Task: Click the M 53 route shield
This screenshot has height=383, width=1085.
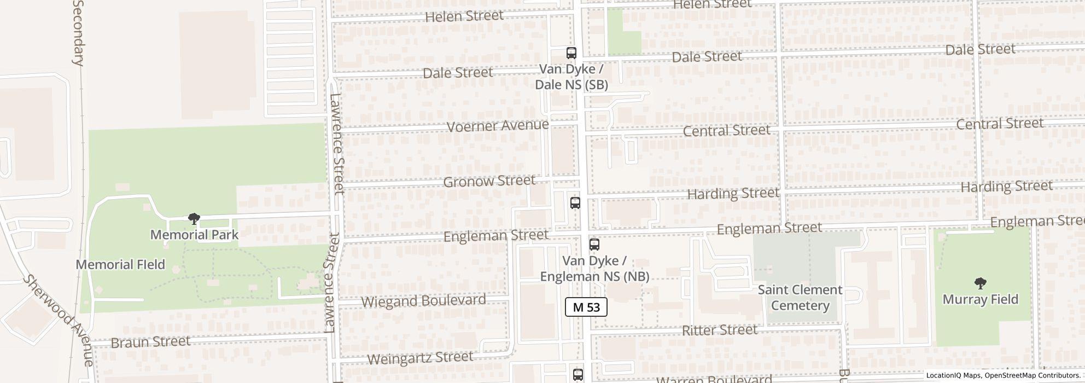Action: pos(586,307)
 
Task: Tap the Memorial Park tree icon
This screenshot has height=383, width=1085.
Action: pos(194,219)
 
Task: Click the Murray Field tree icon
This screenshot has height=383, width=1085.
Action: pos(980,283)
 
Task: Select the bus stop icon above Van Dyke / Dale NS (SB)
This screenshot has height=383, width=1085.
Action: pos(571,53)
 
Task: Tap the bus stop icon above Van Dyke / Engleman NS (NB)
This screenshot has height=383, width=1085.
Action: pos(594,244)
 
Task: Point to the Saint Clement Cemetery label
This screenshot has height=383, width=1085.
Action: pos(800,298)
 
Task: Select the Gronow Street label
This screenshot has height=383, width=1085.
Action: pos(489,181)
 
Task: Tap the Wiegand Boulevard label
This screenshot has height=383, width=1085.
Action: pos(423,301)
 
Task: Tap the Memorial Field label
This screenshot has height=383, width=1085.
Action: pos(120,265)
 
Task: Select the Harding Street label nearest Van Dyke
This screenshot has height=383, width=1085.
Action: pos(733,194)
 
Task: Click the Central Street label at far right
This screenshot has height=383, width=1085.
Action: pos(1000,124)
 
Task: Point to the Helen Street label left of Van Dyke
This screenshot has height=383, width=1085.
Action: pos(464,16)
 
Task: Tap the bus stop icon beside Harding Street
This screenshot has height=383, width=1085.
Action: pos(575,203)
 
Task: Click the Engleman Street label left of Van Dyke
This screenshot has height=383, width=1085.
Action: pos(495,236)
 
